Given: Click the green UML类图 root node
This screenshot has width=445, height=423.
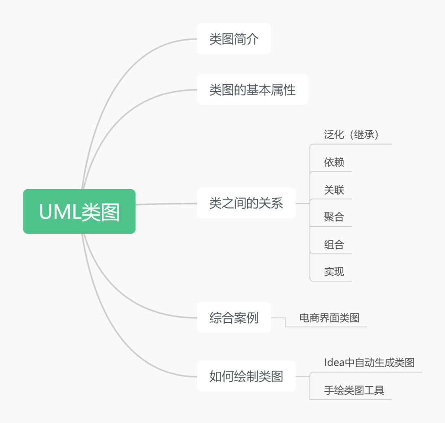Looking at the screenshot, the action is point(79,211).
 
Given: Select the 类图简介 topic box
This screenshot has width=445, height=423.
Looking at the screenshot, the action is point(234,39).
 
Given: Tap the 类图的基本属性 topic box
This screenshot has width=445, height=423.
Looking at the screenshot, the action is point(253,90).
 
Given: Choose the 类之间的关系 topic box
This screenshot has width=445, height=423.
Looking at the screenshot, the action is point(246,203).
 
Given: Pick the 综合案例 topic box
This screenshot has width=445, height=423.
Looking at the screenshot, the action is point(234,317).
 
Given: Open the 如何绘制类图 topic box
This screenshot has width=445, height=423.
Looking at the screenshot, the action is point(246,376).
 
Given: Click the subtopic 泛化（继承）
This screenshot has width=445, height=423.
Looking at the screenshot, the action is point(351,134).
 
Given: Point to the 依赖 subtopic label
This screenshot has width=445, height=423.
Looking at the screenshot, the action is point(334,162).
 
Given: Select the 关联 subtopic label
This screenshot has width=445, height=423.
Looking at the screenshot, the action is point(334,190).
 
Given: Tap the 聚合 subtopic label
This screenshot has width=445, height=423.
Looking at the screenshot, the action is point(334,217).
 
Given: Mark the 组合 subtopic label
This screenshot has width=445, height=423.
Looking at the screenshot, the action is point(334,244).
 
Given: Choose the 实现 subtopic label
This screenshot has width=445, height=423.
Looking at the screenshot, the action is point(334,272).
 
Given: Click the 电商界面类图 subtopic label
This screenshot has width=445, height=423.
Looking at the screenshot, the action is point(330,318).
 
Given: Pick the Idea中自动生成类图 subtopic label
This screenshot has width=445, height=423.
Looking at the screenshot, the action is point(370,362).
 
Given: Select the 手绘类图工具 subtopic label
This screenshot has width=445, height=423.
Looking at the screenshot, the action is point(354,390).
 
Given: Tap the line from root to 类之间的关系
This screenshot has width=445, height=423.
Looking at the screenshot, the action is point(166,204).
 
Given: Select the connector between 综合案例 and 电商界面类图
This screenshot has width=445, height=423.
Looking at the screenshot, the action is point(285,322).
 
